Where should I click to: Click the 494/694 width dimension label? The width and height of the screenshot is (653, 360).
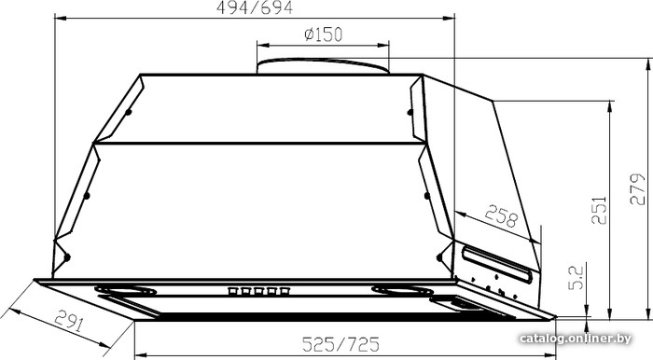pos(255,7)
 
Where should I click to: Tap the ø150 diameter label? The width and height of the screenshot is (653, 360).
pos(323,35)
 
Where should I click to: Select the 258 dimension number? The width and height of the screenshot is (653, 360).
pos(501,215)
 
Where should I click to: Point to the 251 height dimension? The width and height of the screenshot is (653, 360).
pos(599,210)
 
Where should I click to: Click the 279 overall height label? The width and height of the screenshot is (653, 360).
pos(637,189)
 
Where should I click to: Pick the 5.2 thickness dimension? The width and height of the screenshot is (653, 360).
pos(577,278)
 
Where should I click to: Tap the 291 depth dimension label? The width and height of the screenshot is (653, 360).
pos(70,320)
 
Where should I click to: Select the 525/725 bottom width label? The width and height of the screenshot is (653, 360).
pos(340,344)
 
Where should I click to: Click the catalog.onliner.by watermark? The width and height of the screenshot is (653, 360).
pos(576,339)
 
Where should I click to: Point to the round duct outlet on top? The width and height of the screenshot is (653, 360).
pos(323,65)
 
